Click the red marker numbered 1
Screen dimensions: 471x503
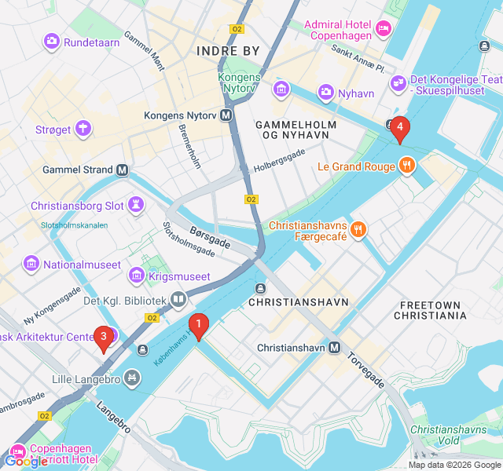[199, 324]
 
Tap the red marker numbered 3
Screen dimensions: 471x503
[103, 338]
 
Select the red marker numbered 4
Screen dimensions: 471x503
[399, 128]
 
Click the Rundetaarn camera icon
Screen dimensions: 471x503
[52, 40]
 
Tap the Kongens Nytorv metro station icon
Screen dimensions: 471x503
[226, 115]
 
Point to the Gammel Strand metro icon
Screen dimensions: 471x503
[123, 170]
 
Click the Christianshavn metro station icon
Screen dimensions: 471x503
[335, 347]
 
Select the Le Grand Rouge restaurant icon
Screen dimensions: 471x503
[406, 166]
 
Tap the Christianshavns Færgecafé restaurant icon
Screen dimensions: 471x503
[358, 229]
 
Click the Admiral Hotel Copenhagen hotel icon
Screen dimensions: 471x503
[383, 29]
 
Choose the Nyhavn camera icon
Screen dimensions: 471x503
[325, 93]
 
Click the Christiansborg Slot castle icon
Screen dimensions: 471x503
[138, 206]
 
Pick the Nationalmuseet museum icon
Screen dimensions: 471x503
[31, 264]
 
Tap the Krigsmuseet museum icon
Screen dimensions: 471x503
[137, 276]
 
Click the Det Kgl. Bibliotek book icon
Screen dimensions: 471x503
[179, 300]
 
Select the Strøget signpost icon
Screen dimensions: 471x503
[83, 129]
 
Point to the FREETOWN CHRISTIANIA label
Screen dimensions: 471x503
[433, 310]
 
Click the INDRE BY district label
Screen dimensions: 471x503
[228, 51]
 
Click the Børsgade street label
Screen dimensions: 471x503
[210, 237]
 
